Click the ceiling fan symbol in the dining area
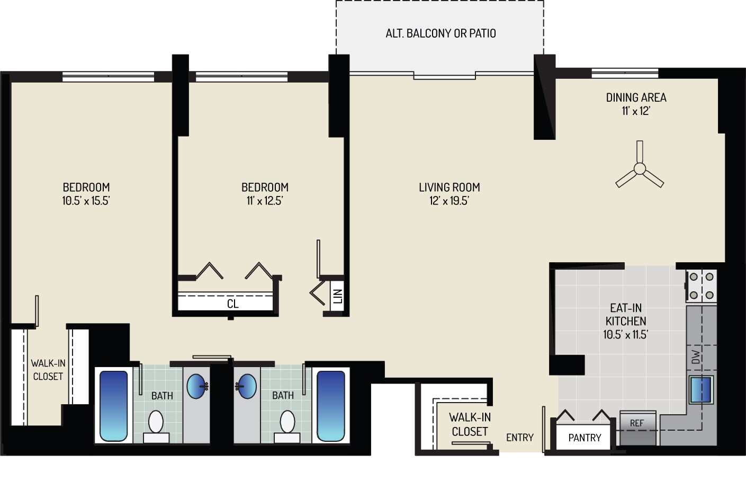tap(640, 169)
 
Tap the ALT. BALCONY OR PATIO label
tap(441, 33)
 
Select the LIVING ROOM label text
tap(449, 187)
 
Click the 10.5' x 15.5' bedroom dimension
tap(86, 201)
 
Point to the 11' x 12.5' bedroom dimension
tap(265, 201)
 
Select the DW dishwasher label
tap(696, 357)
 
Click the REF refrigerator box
tap(637, 423)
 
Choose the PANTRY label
tap(585, 438)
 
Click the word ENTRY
tap(519, 437)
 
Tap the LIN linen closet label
tap(337, 296)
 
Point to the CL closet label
tap(232, 304)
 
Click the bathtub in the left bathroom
tap(114, 406)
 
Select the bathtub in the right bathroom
tap(330, 406)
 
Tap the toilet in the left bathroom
tap(156, 423)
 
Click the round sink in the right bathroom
tap(247, 386)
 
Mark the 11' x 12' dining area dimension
tap(635, 111)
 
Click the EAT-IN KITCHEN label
tap(626, 314)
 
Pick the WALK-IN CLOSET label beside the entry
tap(469, 424)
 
